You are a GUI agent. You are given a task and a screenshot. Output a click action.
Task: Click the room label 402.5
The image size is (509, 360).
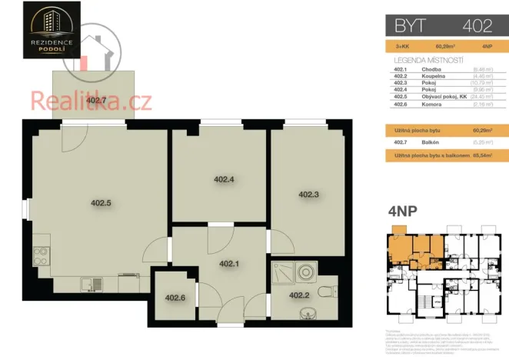tap(101, 203)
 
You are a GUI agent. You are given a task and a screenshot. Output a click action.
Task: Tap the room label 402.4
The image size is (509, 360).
tap(223, 179)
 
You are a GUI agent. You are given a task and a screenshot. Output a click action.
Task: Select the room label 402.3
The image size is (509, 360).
tap(308, 194)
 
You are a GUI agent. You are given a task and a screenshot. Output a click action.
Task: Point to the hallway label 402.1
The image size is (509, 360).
tap(229, 264)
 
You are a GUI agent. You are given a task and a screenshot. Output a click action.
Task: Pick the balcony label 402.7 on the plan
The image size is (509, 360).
tap(97, 100)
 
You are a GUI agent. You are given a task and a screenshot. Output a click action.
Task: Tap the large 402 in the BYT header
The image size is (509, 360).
tap(477, 25)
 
